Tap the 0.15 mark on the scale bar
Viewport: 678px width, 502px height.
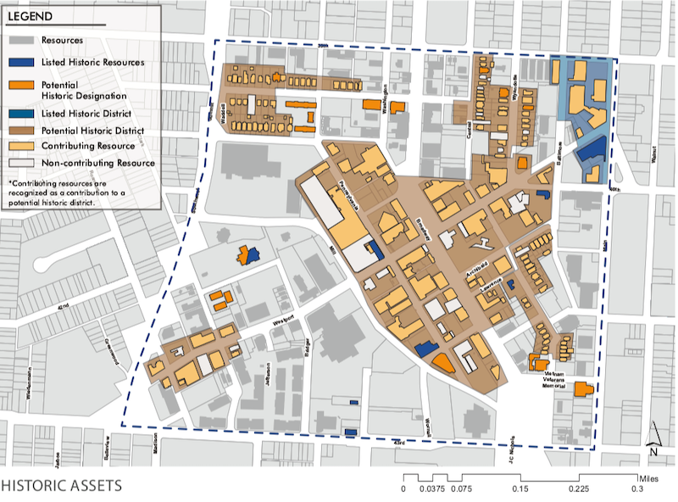pyautogui.click(x=520, y=488)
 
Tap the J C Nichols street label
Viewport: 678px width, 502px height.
pyautogui.click(x=513, y=449)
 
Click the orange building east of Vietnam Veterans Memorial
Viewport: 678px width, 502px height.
pyautogui.click(x=581, y=390)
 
